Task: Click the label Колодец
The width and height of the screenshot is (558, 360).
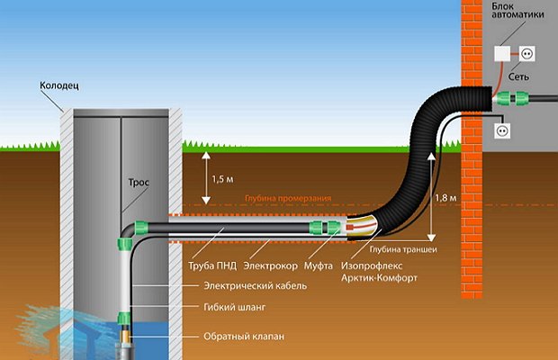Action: point(59,85)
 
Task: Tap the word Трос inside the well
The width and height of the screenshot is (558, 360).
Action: point(139,183)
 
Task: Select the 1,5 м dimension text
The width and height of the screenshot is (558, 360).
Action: point(223,179)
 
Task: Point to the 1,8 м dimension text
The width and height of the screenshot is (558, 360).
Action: point(445,197)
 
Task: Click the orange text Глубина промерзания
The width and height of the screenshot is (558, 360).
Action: point(288,198)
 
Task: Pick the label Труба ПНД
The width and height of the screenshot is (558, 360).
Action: point(212,265)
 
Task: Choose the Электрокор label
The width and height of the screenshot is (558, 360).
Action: point(271,265)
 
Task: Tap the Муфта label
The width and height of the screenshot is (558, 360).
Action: point(318,265)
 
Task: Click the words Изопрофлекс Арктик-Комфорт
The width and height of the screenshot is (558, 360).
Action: point(379,272)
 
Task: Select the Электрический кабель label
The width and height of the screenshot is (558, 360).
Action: point(256,285)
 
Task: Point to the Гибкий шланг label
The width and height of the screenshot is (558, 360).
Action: point(235,307)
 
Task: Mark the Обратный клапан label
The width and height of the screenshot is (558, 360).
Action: point(244,337)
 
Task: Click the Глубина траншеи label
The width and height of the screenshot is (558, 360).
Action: point(403,249)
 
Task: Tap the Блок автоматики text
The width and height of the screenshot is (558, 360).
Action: point(517,10)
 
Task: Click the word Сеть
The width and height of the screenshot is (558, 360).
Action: point(518,76)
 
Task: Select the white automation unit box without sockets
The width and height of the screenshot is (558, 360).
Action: point(502,53)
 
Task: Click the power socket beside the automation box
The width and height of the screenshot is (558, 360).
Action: point(526,54)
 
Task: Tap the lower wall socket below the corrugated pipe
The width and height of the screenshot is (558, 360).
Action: point(502,130)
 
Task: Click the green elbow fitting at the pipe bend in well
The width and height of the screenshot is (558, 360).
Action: point(141,228)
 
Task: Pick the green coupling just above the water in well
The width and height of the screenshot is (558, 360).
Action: point(124,318)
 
